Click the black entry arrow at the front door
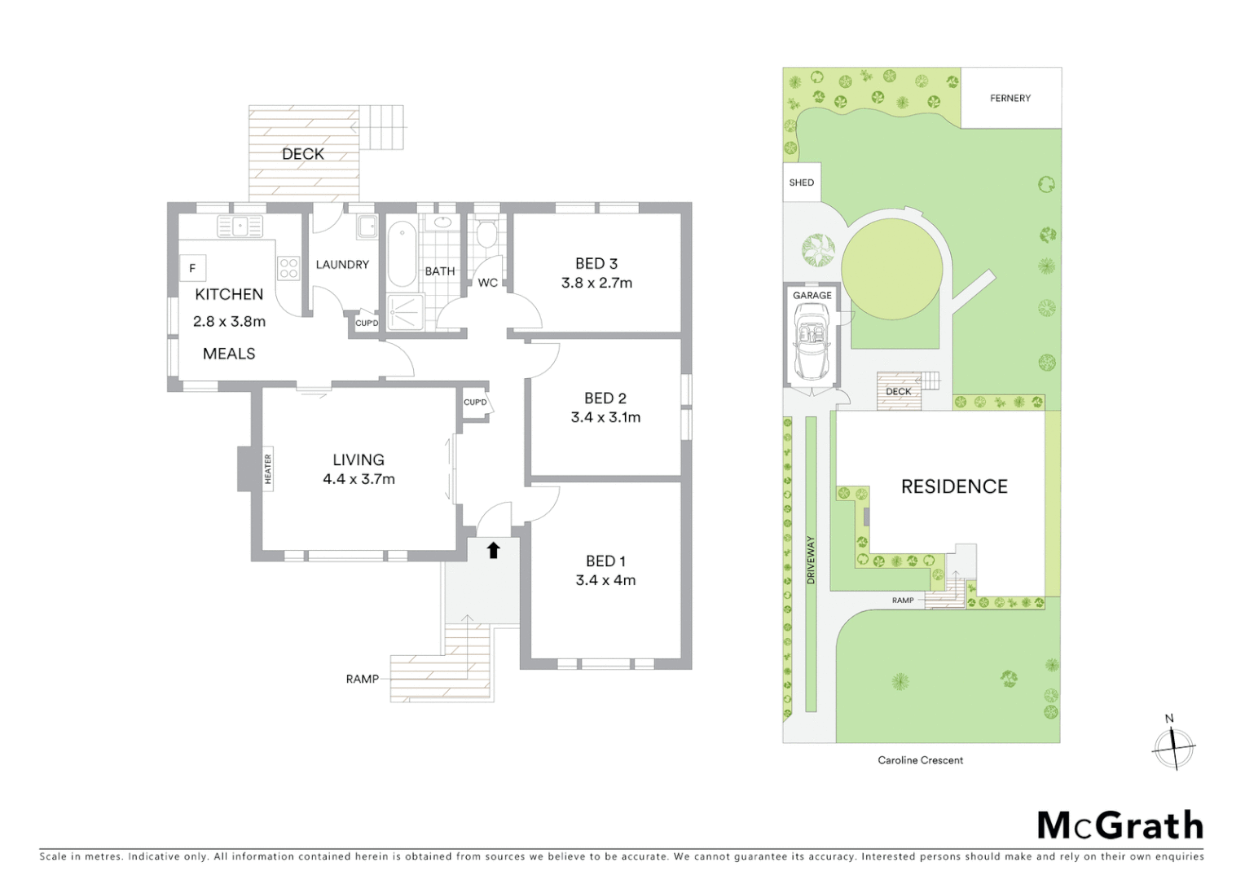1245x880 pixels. pos(492,550)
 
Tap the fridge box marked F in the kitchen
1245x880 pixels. pos(193,268)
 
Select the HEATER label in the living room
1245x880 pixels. pos(267,469)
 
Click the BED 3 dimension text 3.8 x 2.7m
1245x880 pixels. pos(596,284)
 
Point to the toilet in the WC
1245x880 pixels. pos(486,235)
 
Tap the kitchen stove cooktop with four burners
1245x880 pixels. pos(288,268)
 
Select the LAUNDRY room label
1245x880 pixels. pos(342,265)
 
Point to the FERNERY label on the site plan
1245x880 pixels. pos(1010,98)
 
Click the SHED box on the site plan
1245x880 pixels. pos(801,183)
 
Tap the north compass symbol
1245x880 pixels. pos(1172,745)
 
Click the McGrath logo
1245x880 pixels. pos(1120,825)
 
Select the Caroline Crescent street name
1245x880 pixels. pos(920,760)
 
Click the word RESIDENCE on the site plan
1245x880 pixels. pos(954,486)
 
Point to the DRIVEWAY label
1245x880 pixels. pos(811,560)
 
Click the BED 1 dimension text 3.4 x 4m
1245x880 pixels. pos(605,580)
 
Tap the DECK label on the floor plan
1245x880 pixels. pos(303,154)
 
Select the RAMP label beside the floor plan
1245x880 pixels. pos(362,679)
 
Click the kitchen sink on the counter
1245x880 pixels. pos(240,225)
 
